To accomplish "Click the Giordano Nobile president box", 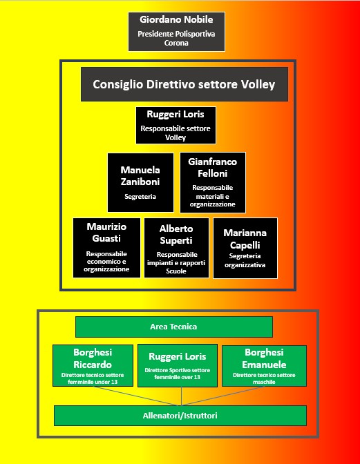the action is coord(176,32).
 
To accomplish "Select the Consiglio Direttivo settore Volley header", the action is coord(184,84).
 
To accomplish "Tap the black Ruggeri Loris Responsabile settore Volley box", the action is coord(176,126).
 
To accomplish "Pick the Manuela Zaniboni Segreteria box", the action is coord(140,182).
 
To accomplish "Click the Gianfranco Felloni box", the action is coord(213,182).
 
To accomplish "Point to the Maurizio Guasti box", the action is coord(106,248).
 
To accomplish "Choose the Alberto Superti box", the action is coord(176,248).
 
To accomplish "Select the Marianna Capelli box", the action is coord(245,249).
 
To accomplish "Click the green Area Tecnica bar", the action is coord(174,327).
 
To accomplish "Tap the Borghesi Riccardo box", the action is coord(93,365).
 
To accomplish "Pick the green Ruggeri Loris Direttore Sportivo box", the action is coord(178,365).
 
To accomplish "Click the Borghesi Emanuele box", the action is coord(264,366).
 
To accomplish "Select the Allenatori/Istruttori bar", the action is coord(180,416).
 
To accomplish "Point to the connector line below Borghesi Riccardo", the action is coord(137,396).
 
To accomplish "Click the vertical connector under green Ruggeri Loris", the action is coord(182,396).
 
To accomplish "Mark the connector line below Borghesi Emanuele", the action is coord(222,396).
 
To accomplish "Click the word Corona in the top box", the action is coord(176,43).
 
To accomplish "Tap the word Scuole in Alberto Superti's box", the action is coord(176,271).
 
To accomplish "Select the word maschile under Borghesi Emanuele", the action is coord(264,382).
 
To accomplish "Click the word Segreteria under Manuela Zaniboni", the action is coord(140,197).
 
